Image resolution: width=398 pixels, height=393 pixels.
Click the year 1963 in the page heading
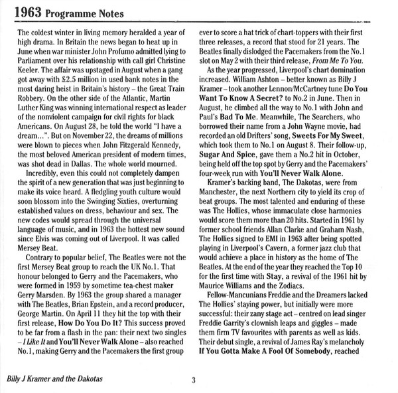pyautogui.click(x=31, y=11)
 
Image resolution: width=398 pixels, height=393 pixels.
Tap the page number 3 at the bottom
pyautogui.click(x=193, y=380)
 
